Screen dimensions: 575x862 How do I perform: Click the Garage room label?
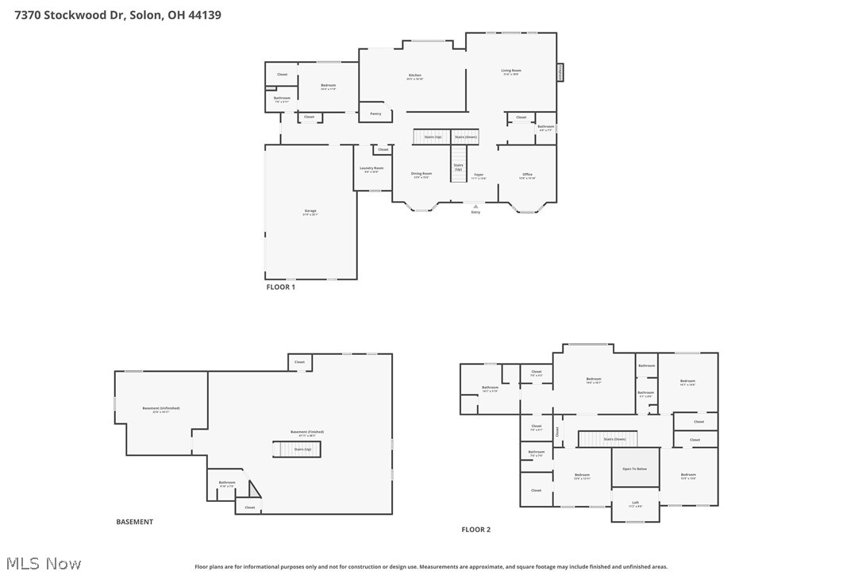tap(310, 212)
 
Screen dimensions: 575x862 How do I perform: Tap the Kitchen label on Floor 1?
tap(415, 76)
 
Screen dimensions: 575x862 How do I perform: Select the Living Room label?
tap(510, 71)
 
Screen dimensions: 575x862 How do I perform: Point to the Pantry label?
tap(375, 114)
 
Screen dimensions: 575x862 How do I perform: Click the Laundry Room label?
tap(371, 169)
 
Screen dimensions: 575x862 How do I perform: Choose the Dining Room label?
tap(421, 175)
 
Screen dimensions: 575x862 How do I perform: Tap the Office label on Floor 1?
tap(527, 176)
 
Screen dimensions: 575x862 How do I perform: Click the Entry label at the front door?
tap(475, 212)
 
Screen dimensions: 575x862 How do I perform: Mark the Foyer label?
tap(479, 176)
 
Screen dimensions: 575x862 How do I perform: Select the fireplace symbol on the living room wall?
tap(560, 72)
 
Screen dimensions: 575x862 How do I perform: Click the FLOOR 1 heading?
tap(280, 287)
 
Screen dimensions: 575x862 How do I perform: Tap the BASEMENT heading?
tap(135, 522)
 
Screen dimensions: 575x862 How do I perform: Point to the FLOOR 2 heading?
tap(476, 530)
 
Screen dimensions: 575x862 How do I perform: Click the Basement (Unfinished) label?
tap(161, 409)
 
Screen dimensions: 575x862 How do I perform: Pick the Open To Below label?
tap(635, 469)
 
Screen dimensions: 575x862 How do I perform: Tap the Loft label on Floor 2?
tap(635, 503)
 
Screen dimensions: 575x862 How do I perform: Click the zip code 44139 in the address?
tap(205, 14)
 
